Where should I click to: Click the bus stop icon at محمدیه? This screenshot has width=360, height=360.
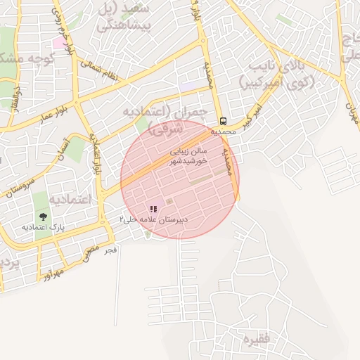[x=223, y=120]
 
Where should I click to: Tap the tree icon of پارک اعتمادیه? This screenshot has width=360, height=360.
[x=44, y=217]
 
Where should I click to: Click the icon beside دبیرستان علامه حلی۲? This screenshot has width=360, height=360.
[x=153, y=209]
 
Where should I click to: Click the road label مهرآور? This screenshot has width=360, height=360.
[x=48, y=271]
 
